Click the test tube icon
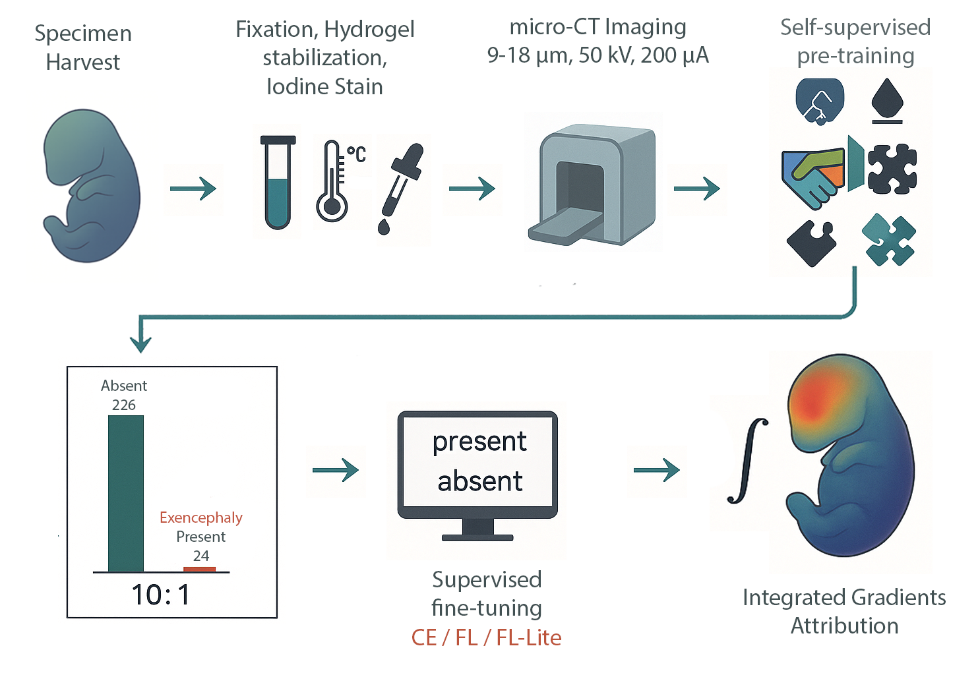point(278,183)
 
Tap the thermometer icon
point(332,182)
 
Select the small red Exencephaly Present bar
point(199,569)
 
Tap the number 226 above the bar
point(124,405)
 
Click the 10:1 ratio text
point(161,595)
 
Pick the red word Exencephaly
point(200,517)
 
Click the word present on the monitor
point(479,442)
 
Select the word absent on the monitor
point(479,481)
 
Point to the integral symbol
point(749,461)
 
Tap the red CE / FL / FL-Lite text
point(486,637)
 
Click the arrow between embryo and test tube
point(193,189)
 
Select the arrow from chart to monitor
point(335,470)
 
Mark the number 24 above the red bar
point(201,556)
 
